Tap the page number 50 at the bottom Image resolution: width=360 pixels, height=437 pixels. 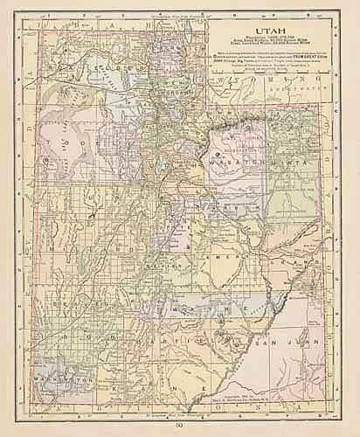179,424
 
